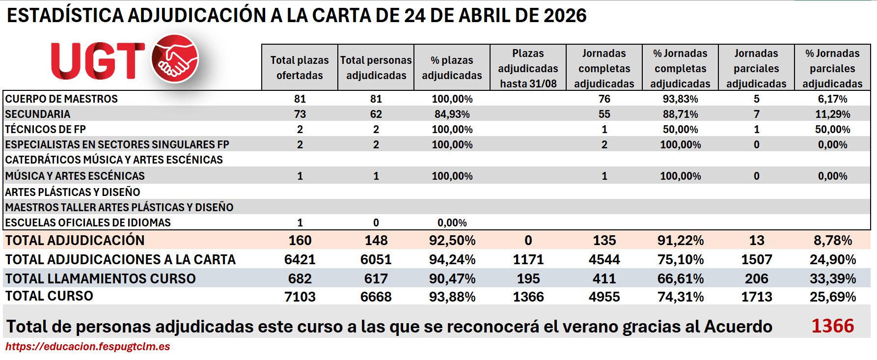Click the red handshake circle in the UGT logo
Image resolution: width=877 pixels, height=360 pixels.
click(175, 58)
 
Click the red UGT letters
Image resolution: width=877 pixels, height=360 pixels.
click(98, 61)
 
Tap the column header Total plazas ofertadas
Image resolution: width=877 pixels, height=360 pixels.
click(300, 67)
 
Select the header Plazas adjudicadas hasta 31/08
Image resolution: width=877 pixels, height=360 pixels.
click(528, 68)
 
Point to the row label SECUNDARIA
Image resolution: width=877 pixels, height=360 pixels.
click(38, 114)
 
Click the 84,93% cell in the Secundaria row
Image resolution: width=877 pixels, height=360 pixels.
click(452, 114)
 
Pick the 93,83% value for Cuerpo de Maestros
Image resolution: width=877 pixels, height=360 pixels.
click(680, 99)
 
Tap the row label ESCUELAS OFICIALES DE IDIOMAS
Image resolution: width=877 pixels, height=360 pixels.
click(88, 222)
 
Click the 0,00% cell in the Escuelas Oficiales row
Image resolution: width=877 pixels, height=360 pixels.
click(452, 222)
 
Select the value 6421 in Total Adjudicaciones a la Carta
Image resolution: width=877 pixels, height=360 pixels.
click(300, 259)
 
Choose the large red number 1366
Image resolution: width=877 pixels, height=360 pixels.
click(832, 326)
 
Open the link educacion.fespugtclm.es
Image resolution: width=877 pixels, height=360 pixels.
click(88, 346)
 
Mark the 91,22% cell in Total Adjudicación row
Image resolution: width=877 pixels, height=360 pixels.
click(680, 240)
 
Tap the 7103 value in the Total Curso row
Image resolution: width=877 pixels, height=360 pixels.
click(300, 297)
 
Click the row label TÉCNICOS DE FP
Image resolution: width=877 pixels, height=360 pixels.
click(46, 129)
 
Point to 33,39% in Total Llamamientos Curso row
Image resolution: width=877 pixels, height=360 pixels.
click(832, 278)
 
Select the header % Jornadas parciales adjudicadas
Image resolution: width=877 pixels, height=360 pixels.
click(832, 68)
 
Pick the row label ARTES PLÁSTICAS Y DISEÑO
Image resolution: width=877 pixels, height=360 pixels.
click(73, 192)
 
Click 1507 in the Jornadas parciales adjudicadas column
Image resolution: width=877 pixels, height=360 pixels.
click(756, 259)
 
